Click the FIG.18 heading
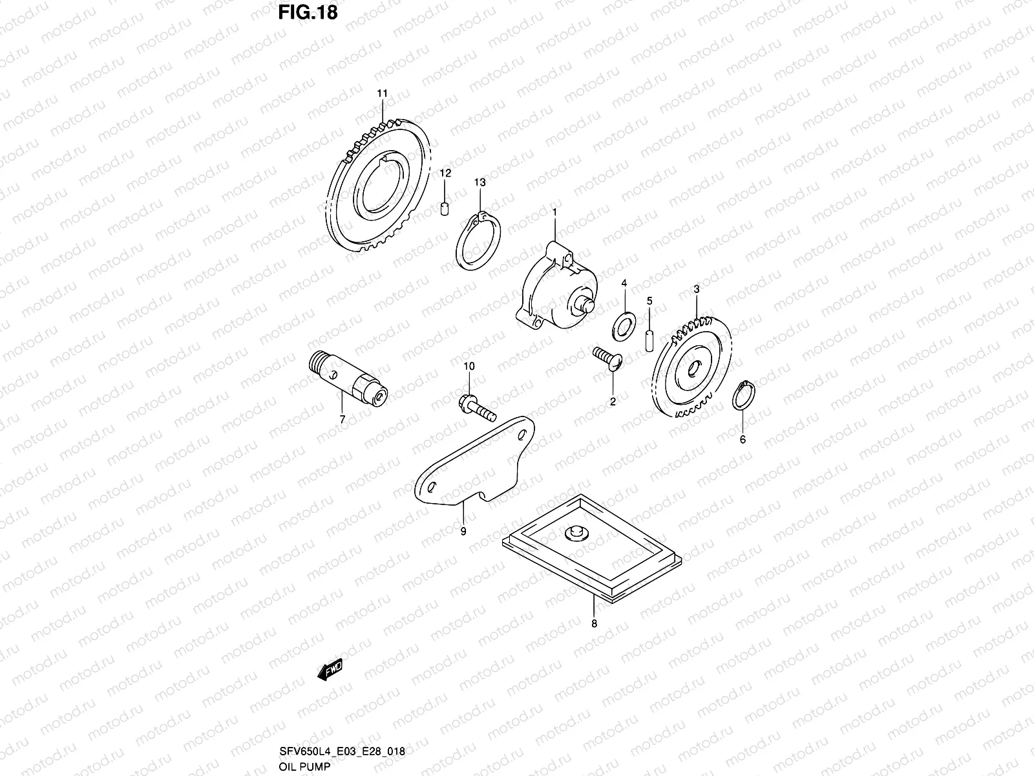(307, 12)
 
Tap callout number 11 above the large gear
(382, 94)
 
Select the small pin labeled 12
(445, 210)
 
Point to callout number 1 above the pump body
(554, 211)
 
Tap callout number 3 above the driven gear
(697, 290)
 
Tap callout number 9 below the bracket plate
(463, 532)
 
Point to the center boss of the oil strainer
(575, 532)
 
